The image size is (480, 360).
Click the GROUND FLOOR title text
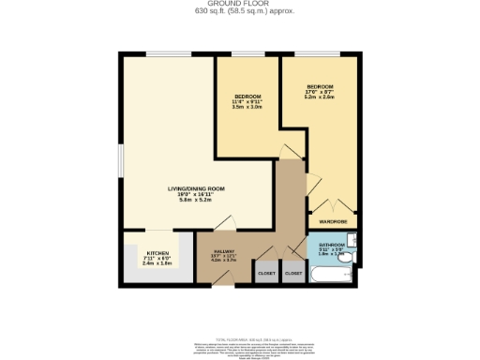coord(240,5)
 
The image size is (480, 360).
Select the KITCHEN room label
coord(157,253)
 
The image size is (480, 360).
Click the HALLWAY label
coord(222,251)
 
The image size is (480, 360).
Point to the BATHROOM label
coord(332,243)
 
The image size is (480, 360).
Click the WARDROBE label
coord(333,221)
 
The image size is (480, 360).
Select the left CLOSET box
coord(267,272)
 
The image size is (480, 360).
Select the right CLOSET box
coord(293,272)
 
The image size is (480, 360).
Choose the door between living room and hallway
coord(224,223)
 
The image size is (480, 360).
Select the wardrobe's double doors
coord(332,207)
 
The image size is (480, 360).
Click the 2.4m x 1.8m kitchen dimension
coord(157,264)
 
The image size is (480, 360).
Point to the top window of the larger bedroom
coord(319,54)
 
